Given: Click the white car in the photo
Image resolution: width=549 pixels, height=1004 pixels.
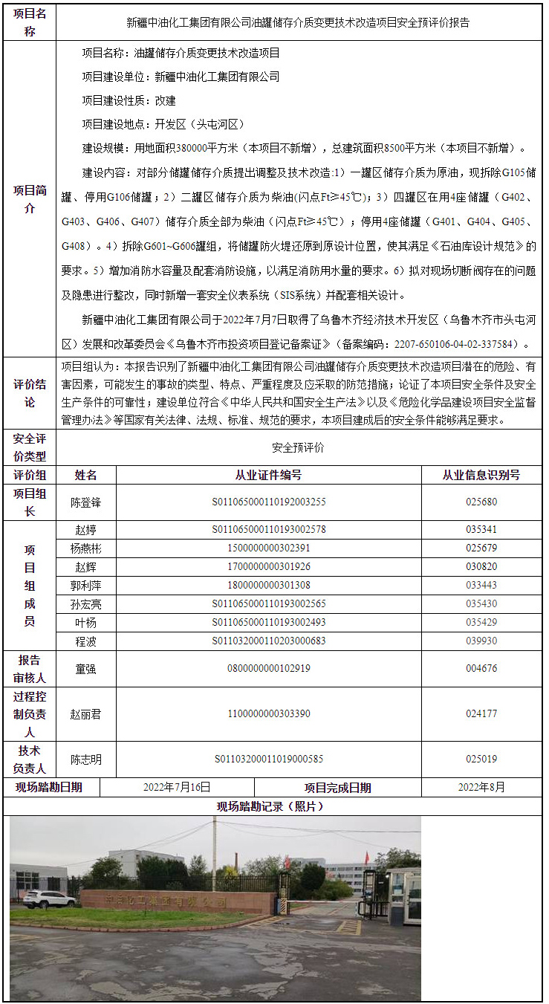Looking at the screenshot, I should pyautogui.click(x=49, y=899).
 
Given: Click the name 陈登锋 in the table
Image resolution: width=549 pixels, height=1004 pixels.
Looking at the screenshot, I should pyautogui.click(x=85, y=502).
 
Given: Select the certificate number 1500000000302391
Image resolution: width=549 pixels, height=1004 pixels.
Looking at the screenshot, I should pyautogui.click(x=268, y=548).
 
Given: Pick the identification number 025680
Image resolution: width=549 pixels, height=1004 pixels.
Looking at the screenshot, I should pyautogui.click(x=481, y=502).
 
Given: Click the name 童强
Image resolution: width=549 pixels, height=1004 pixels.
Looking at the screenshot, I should pyautogui.click(x=85, y=668).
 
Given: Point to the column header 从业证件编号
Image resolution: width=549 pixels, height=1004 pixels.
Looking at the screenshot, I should pyautogui.click(x=268, y=476).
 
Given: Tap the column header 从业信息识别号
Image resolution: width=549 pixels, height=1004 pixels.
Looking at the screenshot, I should pyautogui.click(x=481, y=476).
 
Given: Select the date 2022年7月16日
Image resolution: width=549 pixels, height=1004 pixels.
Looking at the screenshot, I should pyautogui.click(x=177, y=787).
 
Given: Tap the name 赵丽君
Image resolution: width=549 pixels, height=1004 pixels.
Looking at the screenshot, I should pyautogui.click(x=85, y=714).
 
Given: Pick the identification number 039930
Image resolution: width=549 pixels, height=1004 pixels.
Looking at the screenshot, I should pyautogui.click(x=481, y=641).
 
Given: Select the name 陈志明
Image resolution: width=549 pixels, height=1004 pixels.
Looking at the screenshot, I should pyautogui.click(x=85, y=760).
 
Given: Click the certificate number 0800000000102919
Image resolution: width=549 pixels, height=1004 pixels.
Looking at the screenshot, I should pyautogui.click(x=268, y=668).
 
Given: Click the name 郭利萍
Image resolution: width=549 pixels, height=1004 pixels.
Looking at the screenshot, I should pyautogui.click(x=85, y=585).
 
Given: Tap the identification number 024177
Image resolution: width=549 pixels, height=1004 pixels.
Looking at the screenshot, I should pyautogui.click(x=481, y=714).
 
